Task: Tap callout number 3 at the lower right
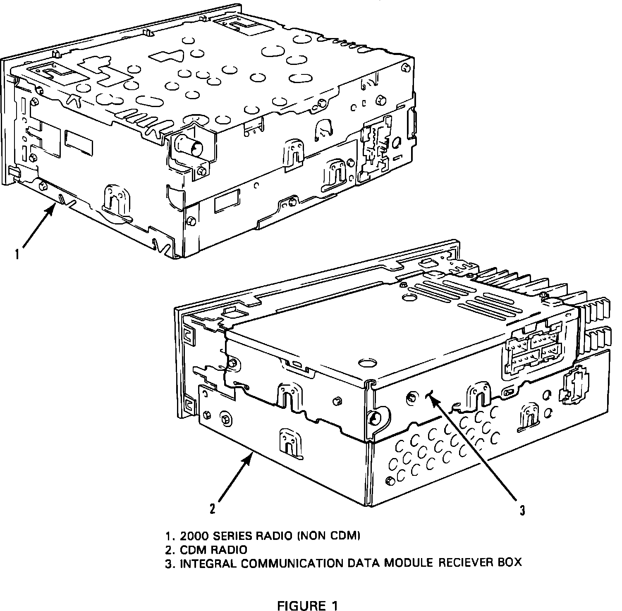pos(523,511)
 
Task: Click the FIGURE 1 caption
pos(307,606)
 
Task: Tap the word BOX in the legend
pos(508,563)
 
